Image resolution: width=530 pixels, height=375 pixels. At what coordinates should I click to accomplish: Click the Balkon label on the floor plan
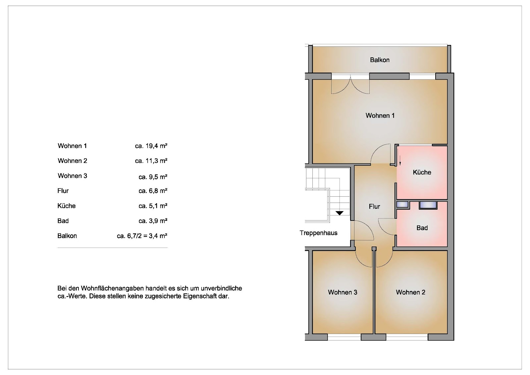pos(380,60)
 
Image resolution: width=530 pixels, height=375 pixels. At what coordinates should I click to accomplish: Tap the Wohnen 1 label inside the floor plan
pos(380,116)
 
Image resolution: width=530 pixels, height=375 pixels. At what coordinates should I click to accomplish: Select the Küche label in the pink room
pos(422,172)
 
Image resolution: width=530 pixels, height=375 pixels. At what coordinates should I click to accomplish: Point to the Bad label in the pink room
pos(422,228)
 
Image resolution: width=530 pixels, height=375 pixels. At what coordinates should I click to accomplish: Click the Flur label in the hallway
pos(374,207)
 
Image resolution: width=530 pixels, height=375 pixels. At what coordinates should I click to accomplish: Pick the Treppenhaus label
pos(318,233)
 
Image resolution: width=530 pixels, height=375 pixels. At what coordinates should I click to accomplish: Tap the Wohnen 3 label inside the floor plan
pos(343,292)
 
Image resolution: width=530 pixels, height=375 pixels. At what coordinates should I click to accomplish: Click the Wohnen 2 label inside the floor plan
pos(410,292)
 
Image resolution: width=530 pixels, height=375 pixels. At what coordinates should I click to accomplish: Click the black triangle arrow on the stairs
pos(340,213)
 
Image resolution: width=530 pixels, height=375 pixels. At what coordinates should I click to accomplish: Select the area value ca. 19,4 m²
pos(151,146)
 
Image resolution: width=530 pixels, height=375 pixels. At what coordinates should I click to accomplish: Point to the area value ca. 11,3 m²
pos(151,161)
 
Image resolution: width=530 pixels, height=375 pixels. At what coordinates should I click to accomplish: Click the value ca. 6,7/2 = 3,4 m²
pos(142,236)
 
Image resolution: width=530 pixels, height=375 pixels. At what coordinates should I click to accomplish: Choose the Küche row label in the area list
pos(67,206)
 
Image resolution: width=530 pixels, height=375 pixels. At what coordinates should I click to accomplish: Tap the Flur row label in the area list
pos(63,191)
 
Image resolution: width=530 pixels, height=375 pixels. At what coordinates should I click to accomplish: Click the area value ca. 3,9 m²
pos(153,221)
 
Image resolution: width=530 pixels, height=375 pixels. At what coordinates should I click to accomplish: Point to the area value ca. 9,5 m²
pos(153,177)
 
